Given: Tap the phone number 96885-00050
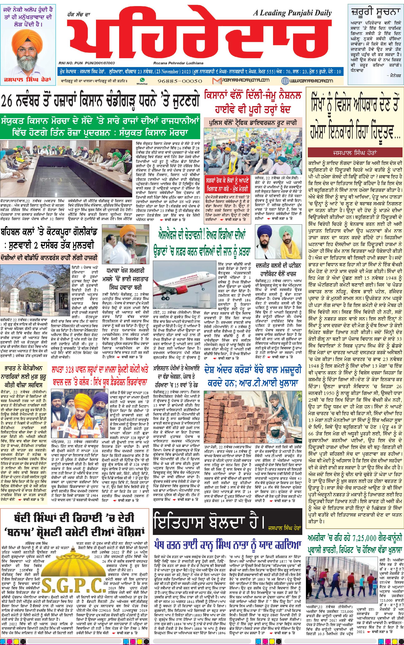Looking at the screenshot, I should pyautogui.click(x=180, y=81).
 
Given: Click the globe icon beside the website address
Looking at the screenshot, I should pyautogui.click(x=285, y=81).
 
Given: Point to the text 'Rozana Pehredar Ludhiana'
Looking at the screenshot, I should pyautogui.click(x=178, y=63).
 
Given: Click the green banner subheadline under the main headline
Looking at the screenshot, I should pyautogui.click(x=100, y=127).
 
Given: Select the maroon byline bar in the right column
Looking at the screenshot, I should pyautogui.click(x=355, y=152).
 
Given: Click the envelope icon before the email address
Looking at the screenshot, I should pyautogui.click(x=216, y=81).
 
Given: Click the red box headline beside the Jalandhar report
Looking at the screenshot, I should pyautogui.click(x=227, y=184).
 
